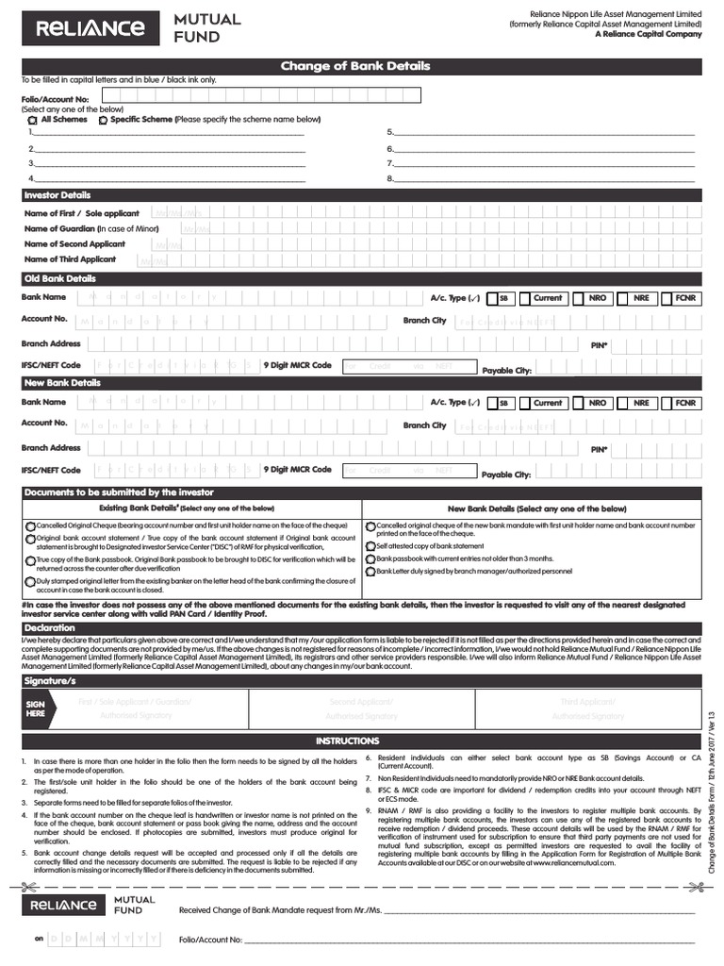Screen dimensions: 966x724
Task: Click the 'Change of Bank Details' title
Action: (354, 66)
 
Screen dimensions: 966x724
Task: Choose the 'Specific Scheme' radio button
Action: (103, 120)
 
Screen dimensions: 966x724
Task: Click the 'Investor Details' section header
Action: (58, 195)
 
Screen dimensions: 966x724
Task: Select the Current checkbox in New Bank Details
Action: (524, 403)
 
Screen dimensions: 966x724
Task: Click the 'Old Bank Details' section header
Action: (59, 279)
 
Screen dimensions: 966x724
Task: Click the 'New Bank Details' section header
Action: (61, 383)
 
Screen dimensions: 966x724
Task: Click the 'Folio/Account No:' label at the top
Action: (55, 99)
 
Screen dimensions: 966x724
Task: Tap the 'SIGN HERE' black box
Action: (36, 708)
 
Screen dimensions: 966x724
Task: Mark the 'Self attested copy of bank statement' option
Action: (370, 546)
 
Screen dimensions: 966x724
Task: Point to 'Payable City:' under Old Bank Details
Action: (506, 371)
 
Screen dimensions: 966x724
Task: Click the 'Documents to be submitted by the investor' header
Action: (119, 492)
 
